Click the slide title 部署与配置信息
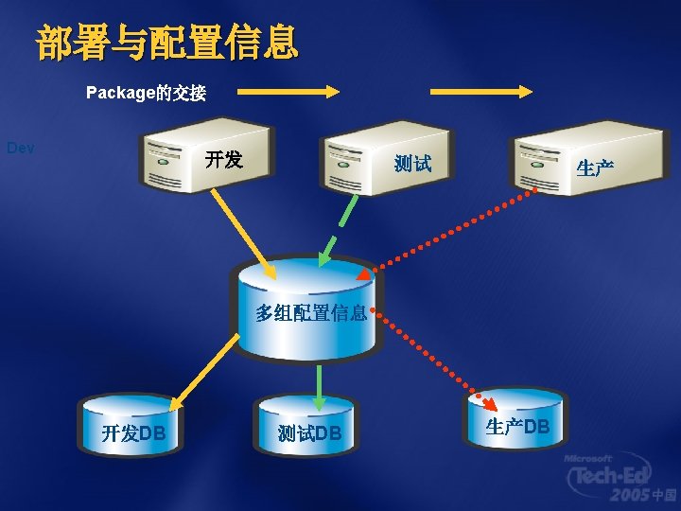167,43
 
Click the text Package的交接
146,93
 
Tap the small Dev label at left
21,148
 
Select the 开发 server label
224,159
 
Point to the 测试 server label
413,164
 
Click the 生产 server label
596,168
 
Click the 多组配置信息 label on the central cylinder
310,313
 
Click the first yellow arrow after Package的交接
288,92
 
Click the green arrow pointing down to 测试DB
320,383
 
